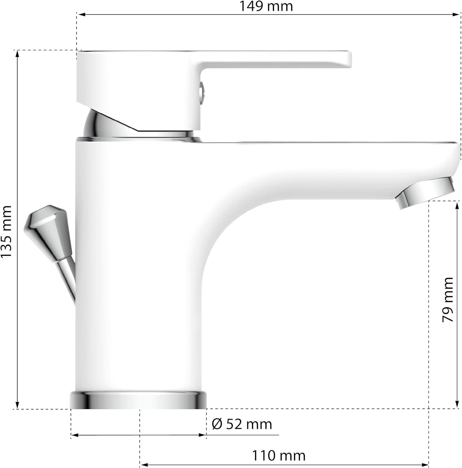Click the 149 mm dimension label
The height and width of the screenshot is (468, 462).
266,6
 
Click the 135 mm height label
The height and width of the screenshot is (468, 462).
6,232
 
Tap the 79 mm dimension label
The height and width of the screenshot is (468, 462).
448,300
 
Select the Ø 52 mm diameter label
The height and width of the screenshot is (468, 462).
242,424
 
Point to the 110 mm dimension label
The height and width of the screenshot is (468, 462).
279,456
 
